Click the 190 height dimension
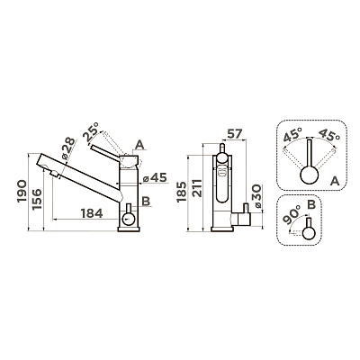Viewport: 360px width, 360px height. pyautogui.click(x=22, y=192)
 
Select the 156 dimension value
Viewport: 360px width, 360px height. pyautogui.click(x=37, y=199)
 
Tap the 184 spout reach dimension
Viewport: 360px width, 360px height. pyautogui.click(x=92, y=213)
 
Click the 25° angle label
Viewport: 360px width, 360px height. pyautogui.click(x=91, y=131)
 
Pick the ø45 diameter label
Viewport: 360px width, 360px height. pyautogui.click(x=155, y=178)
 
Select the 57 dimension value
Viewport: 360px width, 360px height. pyautogui.click(x=234, y=134)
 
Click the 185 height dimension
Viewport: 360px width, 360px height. pyautogui.click(x=182, y=191)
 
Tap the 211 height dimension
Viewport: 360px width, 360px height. pyautogui.click(x=197, y=188)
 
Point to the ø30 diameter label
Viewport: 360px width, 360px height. pyautogui.click(x=257, y=197)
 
